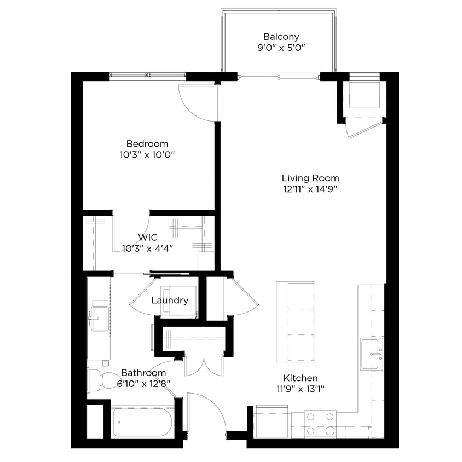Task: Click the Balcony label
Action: pyautogui.click(x=281, y=37)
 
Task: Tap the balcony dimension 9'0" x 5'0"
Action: pyautogui.click(x=281, y=48)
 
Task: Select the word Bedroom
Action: pyautogui.click(x=147, y=144)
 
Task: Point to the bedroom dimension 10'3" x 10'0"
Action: pyautogui.click(x=147, y=155)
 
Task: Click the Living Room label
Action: pyautogui.click(x=310, y=178)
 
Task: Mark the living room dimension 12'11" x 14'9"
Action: pyautogui.click(x=310, y=189)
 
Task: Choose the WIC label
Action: pyautogui.click(x=148, y=238)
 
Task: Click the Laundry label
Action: pyautogui.click(x=170, y=300)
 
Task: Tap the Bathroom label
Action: pyautogui.click(x=143, y=373)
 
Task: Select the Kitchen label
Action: pyautogui.click(x=300, y=378)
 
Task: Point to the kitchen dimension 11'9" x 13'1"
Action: pyautogui.click(x=300, y=389)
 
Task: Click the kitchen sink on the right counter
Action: pyautogui.click(x=372, y=354)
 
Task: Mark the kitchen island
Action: pyautogui.click(x=296, y=322)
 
